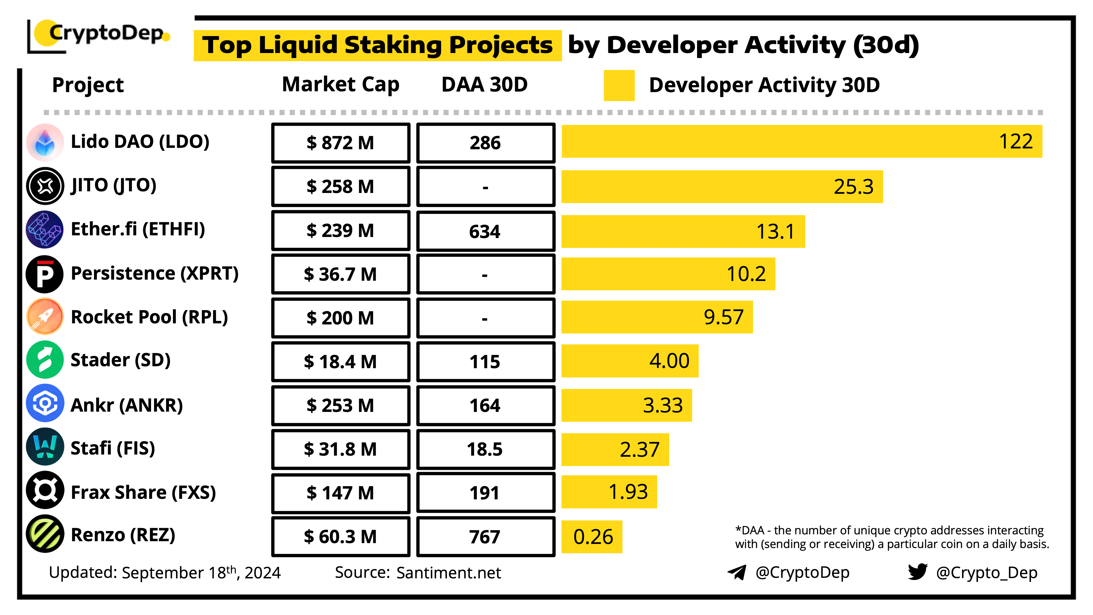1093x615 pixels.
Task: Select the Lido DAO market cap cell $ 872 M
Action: (x=340, y=143)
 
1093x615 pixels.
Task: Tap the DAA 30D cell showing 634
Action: (x=485, y=231)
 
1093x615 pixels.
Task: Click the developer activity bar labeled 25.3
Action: (x=721, y=187)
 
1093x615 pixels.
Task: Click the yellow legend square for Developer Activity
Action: (x=619, y=85)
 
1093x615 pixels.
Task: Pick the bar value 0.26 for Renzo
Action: (x=592, y=537)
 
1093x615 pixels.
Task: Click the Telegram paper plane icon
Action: (x=737, y=573)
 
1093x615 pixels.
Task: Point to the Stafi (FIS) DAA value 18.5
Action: (x=485, y=449)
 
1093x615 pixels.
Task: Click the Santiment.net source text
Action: (x=448, y=573)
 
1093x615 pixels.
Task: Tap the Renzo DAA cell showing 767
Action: (x=485, y=537)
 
